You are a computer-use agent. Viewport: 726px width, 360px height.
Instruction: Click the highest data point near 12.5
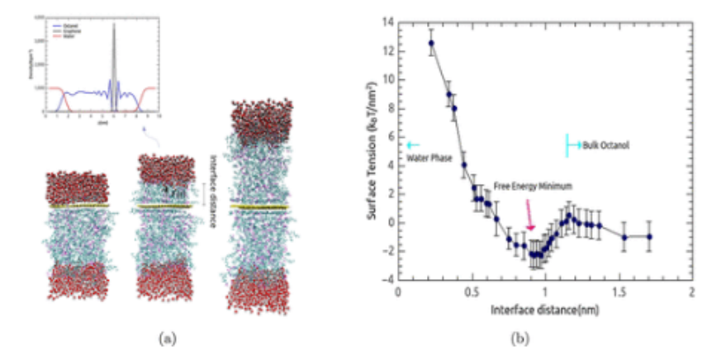point(431,43)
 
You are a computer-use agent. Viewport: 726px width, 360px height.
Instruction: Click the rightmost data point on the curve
point(650,236)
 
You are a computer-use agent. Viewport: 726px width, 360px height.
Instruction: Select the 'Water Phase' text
point(429,157)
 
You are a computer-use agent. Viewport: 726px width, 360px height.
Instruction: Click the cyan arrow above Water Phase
point(411,144)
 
